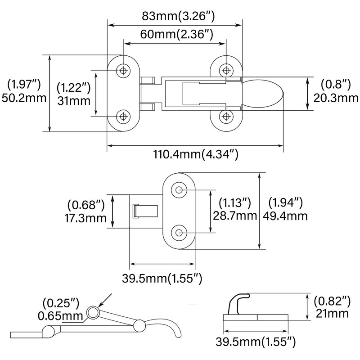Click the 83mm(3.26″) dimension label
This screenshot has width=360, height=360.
point(178,16)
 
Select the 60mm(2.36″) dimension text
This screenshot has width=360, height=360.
point(176,34)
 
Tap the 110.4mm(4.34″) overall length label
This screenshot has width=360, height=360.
point(196,154)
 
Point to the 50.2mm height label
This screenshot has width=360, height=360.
point(24,98)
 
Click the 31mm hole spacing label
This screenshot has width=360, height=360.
point(74,101)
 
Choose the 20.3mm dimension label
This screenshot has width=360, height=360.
point(336,98)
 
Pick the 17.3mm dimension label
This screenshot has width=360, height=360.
point(85,218)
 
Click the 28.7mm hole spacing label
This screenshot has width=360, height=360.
point(234,216)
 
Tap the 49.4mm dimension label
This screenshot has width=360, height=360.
point(285,216)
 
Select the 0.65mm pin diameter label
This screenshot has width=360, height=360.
point(60,316)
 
